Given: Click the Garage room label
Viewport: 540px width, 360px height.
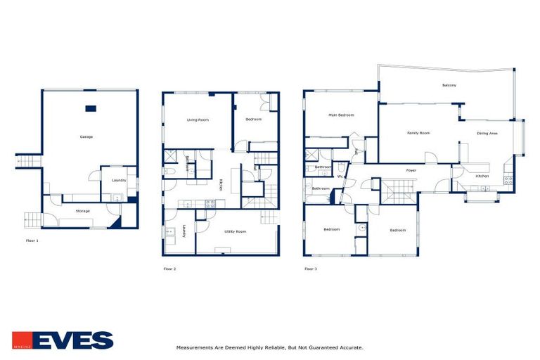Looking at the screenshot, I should point(86,136).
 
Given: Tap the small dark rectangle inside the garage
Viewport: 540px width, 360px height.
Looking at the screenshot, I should point(90,108).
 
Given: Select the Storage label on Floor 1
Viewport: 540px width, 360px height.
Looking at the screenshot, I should point(83,210).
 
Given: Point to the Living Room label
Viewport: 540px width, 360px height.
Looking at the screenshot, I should point(198,120).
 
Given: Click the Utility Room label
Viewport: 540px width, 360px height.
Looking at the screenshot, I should point(235,231).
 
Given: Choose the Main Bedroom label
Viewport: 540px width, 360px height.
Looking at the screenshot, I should point(341,115).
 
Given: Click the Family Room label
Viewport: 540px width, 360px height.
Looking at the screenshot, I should point(418,132).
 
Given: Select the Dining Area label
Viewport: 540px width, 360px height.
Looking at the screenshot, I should point(487,132).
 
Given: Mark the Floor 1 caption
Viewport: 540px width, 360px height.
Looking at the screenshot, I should point(32,241).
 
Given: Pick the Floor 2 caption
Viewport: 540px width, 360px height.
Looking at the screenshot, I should point(169,268).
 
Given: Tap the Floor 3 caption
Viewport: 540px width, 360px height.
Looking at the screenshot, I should point(310,268).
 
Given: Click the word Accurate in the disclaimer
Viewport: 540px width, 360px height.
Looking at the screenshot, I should point(348,347).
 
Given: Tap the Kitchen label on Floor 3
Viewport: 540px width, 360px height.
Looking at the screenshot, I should point(482,176).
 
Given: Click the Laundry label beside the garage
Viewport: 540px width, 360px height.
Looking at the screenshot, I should point(118,180).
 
